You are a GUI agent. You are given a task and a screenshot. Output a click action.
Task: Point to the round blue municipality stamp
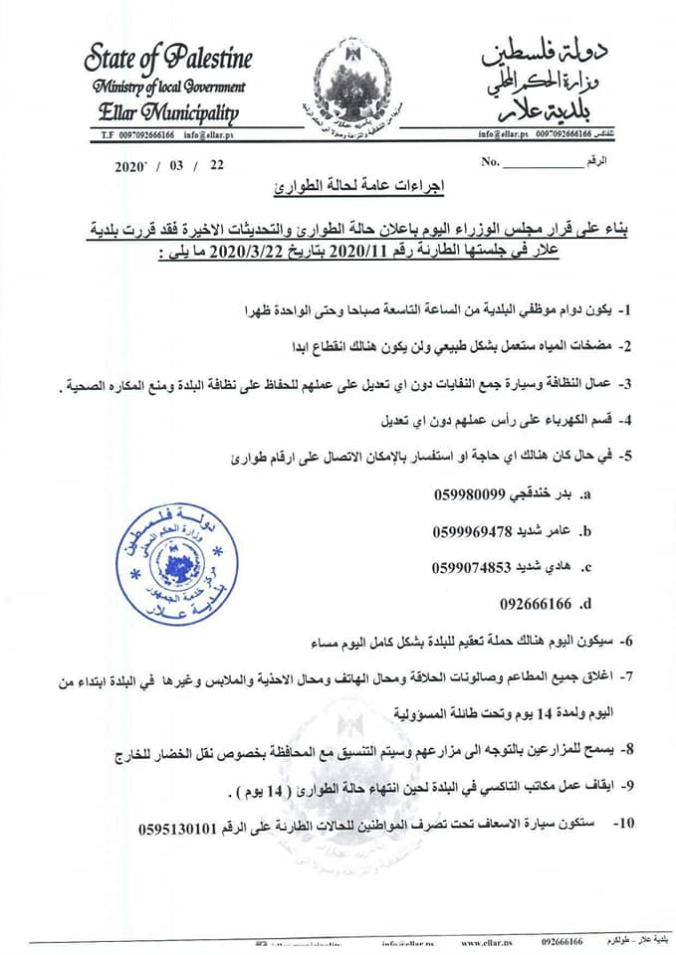click(x=177, y=563)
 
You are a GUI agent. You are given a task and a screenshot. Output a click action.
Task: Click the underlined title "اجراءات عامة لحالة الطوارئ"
click(x=338, y=186)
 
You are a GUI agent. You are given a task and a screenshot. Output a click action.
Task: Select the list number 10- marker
click(x=623, y=826)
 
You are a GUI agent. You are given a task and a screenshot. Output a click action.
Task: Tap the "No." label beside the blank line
click(x=489, y=160)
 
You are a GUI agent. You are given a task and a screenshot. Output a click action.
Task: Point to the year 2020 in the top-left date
click(x=132, y=166)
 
